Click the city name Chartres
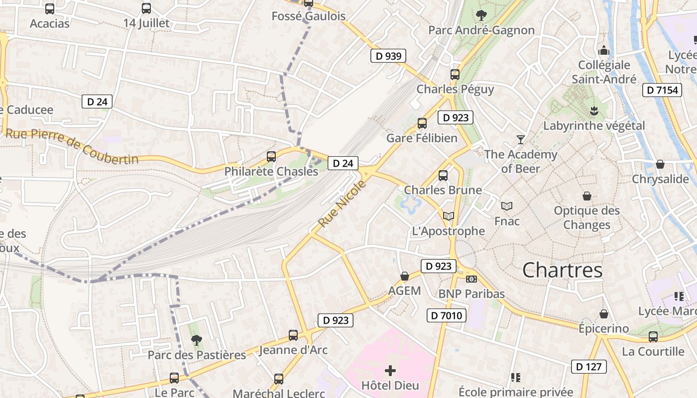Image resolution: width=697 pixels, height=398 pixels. tap(562, 270)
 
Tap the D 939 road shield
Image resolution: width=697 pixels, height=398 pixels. tap(388, 56)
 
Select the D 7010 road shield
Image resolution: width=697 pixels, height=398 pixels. tap(447, 315)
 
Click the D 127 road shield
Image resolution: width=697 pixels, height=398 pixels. tap(589, 367)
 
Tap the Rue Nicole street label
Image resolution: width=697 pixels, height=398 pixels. tap(342, 204)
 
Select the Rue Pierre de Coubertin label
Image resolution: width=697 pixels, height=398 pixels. tap(72, 146)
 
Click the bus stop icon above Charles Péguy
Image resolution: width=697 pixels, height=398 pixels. tap(455, 75)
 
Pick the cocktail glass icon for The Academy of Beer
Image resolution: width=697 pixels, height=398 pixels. tap(521, 139)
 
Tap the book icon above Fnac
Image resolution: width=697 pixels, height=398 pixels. tap(507, 206)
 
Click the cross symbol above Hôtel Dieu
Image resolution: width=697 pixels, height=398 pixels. tap(390, 370)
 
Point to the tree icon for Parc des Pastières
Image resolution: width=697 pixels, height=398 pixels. tap(197, 340)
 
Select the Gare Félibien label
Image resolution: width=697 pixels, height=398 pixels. tap(422, 138)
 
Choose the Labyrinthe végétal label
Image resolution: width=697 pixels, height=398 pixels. tap(593, 125)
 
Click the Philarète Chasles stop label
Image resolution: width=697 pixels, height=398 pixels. tap(271, 171)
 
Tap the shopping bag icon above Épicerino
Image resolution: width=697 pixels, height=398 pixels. tap(603, 314)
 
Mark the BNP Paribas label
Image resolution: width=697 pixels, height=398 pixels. tap(471, 294)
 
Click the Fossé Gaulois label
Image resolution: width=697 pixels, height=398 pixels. tap(308, 16)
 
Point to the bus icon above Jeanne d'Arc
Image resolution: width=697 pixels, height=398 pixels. tap(293, 335)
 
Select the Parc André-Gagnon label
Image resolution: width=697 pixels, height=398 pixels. tap(481, 30)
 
